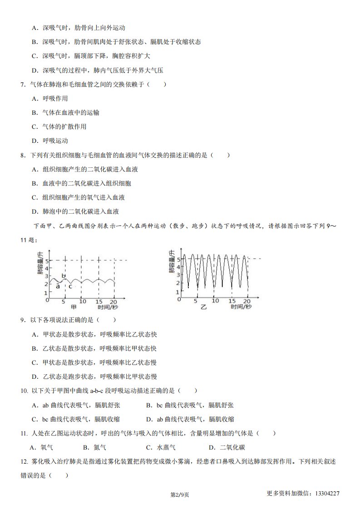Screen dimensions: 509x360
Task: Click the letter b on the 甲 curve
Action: pyautogui.click(x=64, y=276)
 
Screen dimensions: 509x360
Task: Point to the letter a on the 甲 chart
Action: pyautogui.click(x=58, y=286)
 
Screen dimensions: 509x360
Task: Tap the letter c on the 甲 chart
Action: pyautogui.click(x=70, y=286)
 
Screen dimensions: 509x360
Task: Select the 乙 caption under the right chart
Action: pyautogui.click(x=203, y=307)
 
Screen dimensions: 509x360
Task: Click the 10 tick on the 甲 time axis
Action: pyautogui.click(x=82, y=301)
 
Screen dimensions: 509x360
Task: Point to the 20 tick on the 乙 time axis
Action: pyautogui.click(x=247, y=301)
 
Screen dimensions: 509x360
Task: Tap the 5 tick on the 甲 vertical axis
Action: pyautogui.click(x=46, y=260)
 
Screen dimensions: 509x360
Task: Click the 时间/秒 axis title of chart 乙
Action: pyautogui.click(x=241, y=307)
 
